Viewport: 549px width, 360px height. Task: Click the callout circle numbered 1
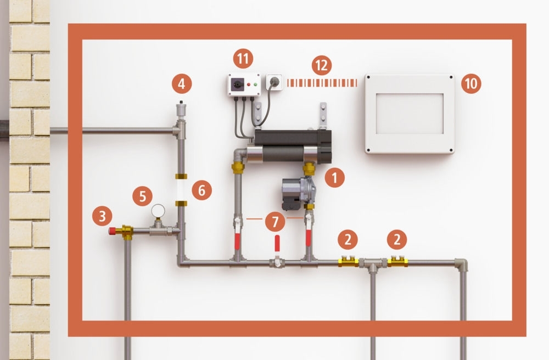pyautogui.click(x=334, y=177)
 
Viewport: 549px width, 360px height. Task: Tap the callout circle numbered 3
pyautogui.click(x=102, y=216)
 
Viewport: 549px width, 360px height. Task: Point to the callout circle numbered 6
pyautogui.click(x=201, y=190)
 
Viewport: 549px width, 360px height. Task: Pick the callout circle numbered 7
pyautogui.click(x=275, y=222)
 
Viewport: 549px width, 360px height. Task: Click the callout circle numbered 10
pyautogui.click(x=471, y=83)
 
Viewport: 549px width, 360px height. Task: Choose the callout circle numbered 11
pyautogui.click(x=243, y=58)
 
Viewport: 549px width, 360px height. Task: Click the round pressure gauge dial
pyautogui.click(x=158, y=211)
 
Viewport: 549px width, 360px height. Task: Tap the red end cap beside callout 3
pyautogui.click(x=113, y=230)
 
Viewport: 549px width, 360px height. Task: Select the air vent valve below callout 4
pyautogui.click(x=181, y=110)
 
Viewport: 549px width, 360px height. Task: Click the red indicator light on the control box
pyautogui.click(x=249, y=85)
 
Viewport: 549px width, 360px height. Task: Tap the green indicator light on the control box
pyautogui.click(x=256, y=84)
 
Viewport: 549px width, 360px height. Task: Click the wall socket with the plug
pyautogui.click(x=274, y=82)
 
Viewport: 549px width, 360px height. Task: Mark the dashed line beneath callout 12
pyautogui.click(x=322, y=83)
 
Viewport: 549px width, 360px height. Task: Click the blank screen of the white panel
pyautogui.click(x=410, y=114)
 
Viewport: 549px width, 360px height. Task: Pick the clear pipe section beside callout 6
pyautogui.click(x=181, y=190)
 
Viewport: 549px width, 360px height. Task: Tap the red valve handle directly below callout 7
pyautogui.click(x=277, y=243)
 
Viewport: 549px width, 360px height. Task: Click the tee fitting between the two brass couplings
pyautogui.click(x=373, y=265)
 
